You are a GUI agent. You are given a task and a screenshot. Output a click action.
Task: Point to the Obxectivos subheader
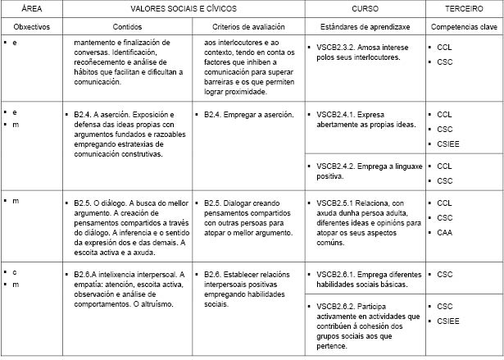32,26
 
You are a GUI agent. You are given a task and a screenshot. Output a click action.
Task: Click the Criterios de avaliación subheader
247,26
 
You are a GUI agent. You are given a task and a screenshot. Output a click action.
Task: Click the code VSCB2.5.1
335,203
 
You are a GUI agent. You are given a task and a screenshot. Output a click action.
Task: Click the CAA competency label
445,232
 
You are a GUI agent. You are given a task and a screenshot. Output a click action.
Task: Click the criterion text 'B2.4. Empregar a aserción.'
249,115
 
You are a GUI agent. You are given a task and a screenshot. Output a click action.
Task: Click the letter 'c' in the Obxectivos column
15,271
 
